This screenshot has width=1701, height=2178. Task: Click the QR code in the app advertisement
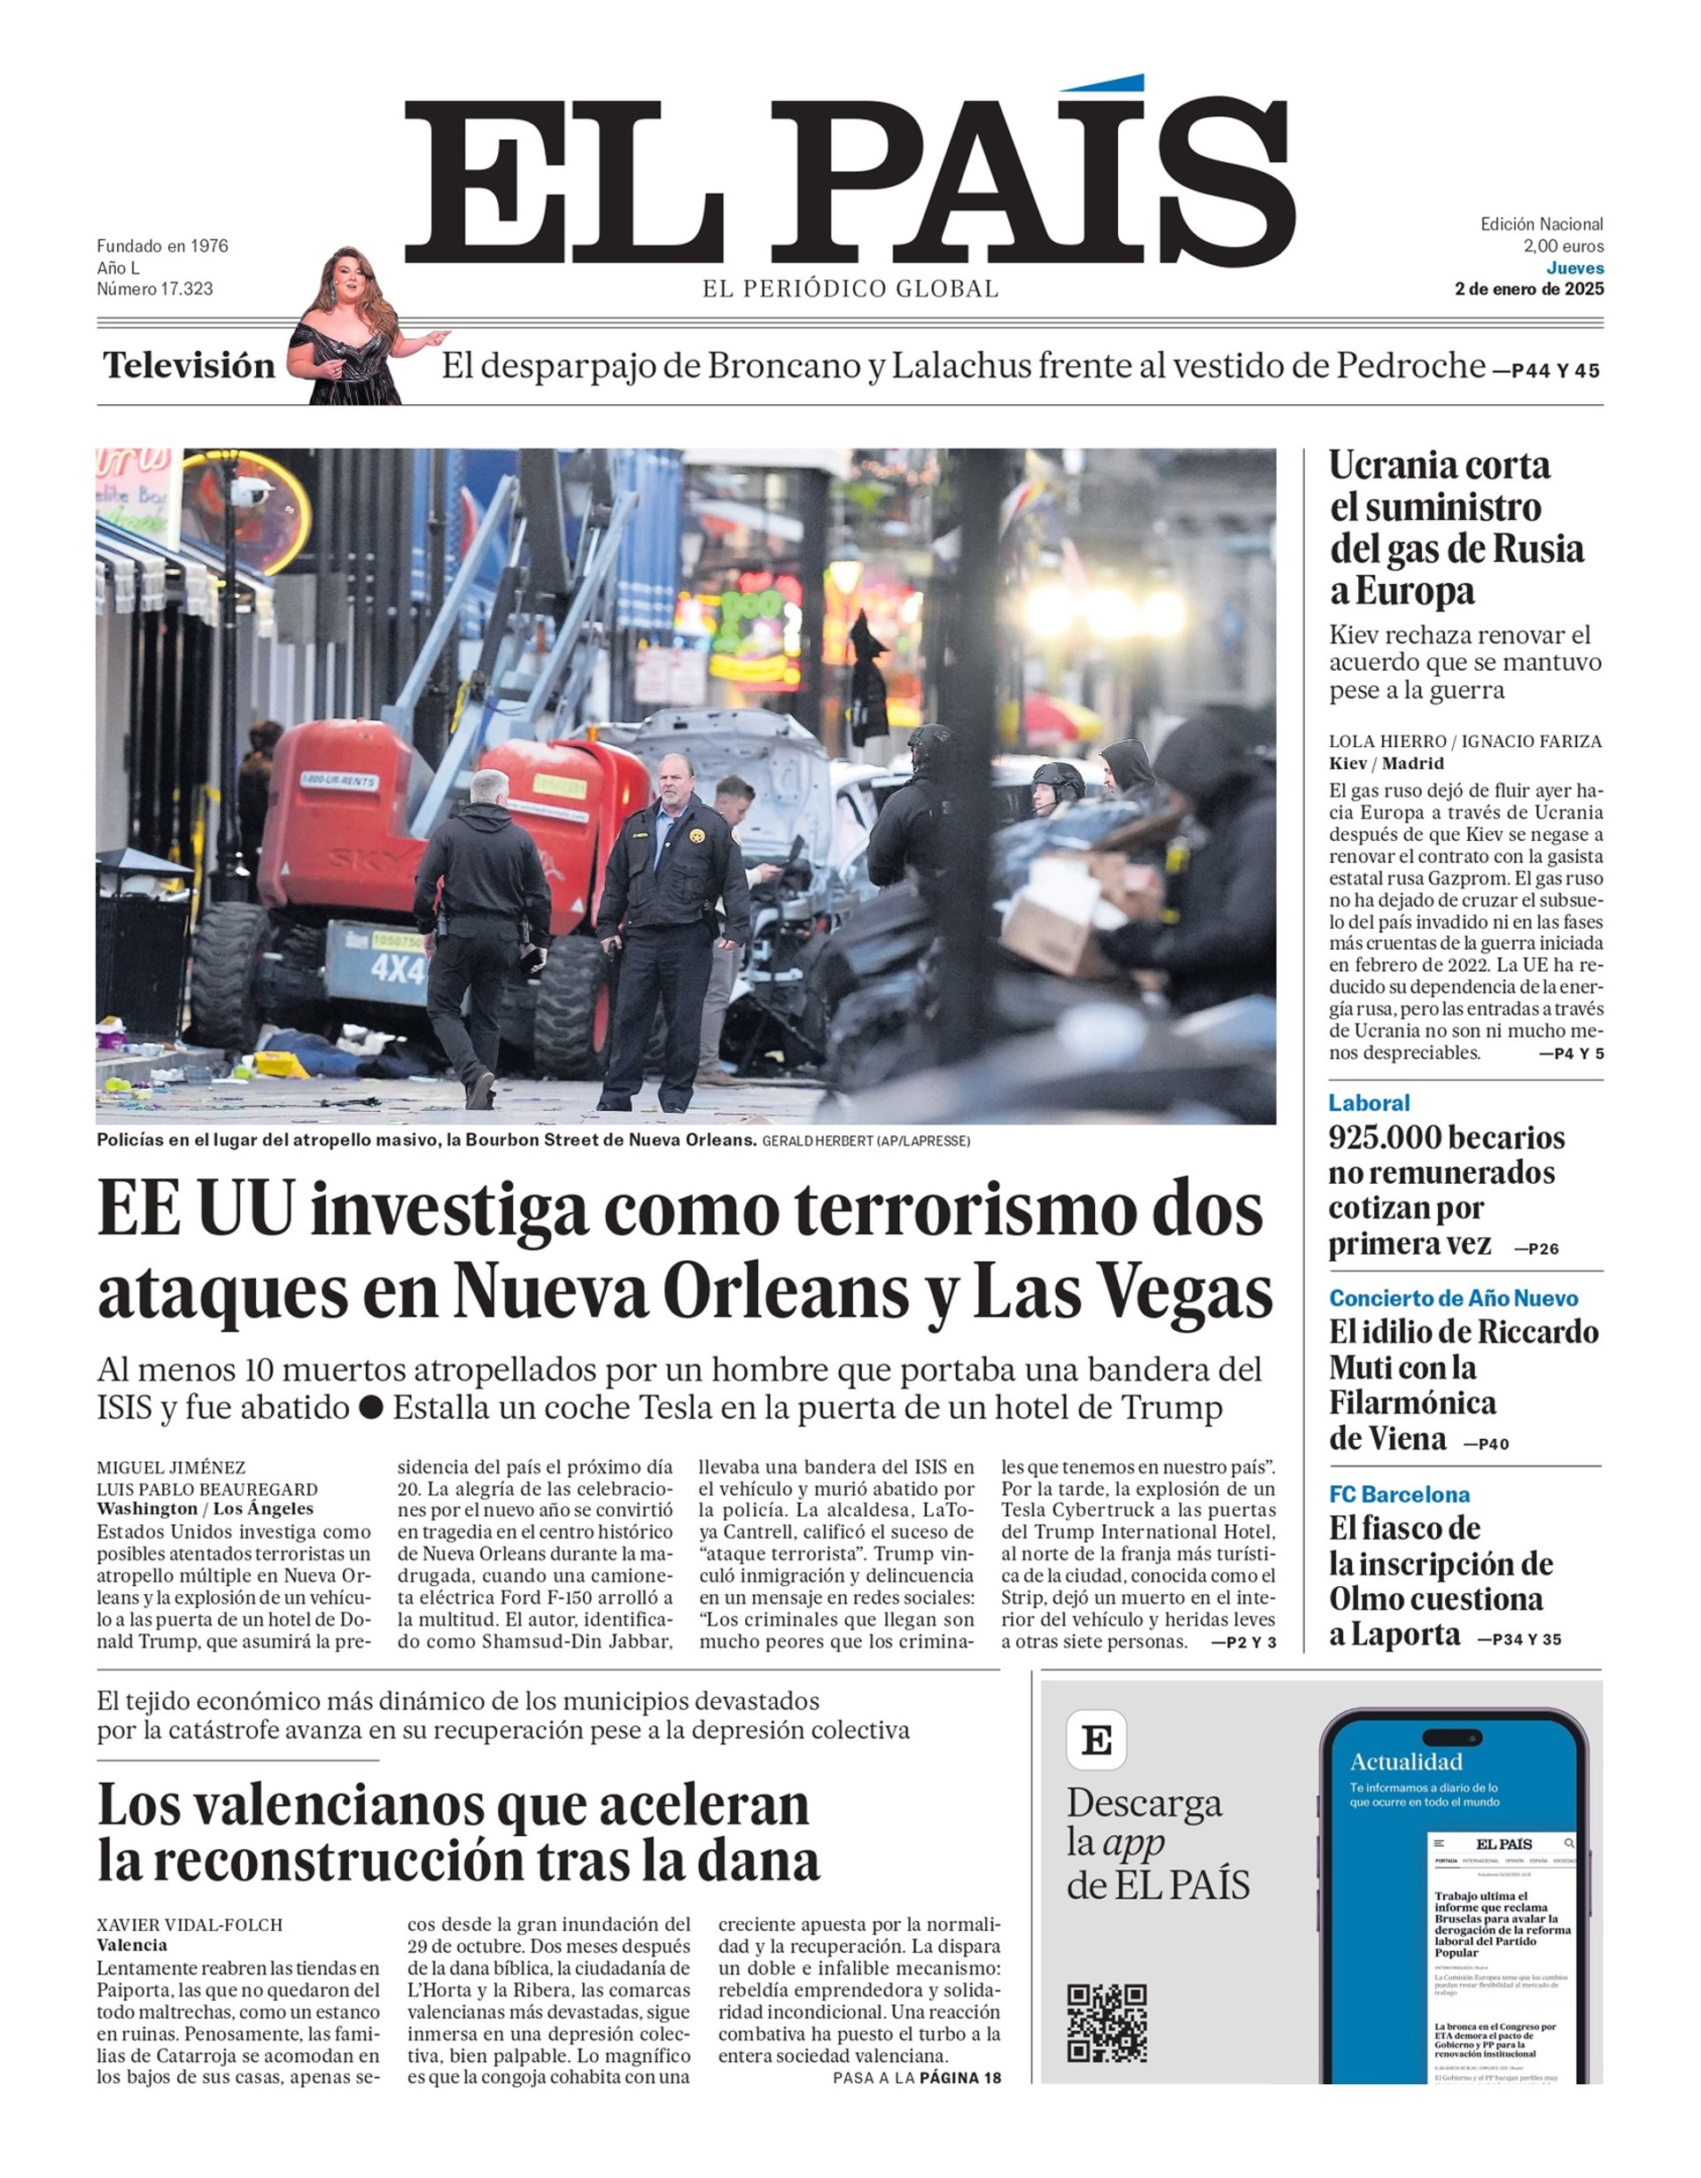[x=1107, y=2021]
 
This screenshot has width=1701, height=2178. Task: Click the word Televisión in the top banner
[x=190, y=366]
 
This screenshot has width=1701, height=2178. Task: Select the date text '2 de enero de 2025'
[x=1528, y=289]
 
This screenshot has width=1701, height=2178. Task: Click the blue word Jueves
[x=1574, y=268]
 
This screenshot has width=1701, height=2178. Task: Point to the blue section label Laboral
[x=1368, y=1102]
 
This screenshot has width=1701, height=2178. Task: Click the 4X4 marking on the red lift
[x=399, y=967]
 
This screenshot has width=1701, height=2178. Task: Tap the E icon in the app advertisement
[x=1096, y=1740]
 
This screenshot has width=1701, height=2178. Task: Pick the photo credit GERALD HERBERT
[x=817, y=1141]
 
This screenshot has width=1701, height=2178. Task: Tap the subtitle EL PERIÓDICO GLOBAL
[x=850, y=289]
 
